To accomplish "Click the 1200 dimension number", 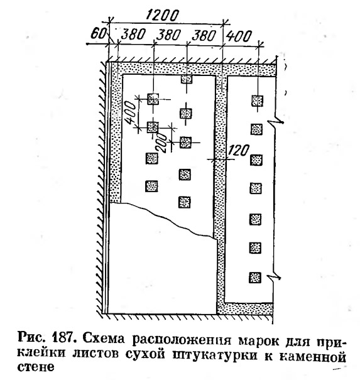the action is tap(162, 16).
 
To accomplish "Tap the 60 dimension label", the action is tap(98, 33).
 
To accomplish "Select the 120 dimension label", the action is tap(238, 150).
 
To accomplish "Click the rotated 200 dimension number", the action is tap(161, 143).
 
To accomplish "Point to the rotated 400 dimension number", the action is tap(129, 112).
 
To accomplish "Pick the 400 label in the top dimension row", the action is tap(239, 36).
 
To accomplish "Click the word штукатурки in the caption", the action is tap(214, 356).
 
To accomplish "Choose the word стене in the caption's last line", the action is tap(36, 367).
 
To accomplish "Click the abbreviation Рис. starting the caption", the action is tap(33, 337).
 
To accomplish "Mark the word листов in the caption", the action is tap(95, 354).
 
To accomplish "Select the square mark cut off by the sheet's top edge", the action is tap(187, 79).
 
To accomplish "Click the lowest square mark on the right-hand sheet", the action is tap(255, 277).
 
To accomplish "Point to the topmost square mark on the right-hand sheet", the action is tap(257, 100).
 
